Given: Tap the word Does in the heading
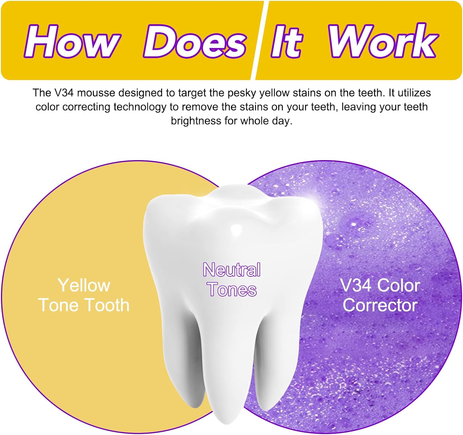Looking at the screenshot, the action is tap(195, 41).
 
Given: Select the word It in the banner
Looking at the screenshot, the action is tap(287, 41).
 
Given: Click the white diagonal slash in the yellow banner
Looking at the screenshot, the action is tap(260, 40).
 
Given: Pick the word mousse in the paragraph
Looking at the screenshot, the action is tap(96, 93).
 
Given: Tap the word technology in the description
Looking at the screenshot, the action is tap(140, 107).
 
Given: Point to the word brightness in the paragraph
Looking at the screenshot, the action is tap(196, 121).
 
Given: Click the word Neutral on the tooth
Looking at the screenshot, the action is tap(232, 270).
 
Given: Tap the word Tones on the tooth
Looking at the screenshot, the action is tap(232, 289).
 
